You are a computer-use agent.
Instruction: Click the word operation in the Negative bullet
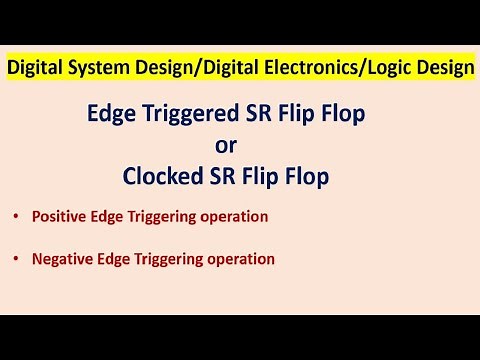(x=240, y=258)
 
